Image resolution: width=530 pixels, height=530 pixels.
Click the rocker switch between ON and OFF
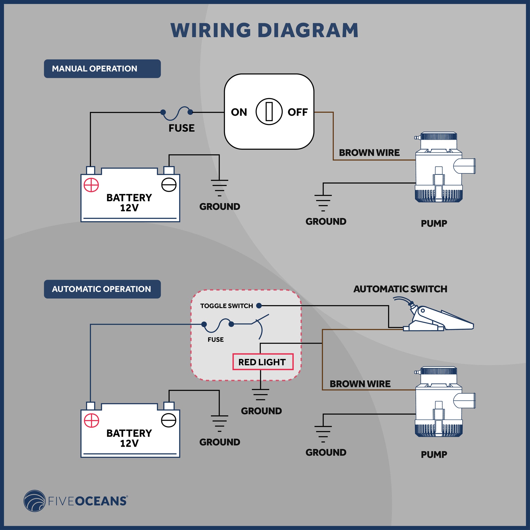click(269, 112)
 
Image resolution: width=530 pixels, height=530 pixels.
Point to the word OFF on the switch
click(298, 112)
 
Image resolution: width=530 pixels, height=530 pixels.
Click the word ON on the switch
click(239, 112)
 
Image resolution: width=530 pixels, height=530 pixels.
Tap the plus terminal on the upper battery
click(91, 185)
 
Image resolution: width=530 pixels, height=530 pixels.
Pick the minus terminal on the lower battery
click(169, 420)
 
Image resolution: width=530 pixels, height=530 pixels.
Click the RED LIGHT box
click(263, 362)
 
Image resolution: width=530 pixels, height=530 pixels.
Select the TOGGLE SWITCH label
click(227, 306)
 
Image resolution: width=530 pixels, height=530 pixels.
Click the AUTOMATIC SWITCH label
click(400, 289)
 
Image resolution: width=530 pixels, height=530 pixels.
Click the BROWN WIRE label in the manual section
click(369, 153)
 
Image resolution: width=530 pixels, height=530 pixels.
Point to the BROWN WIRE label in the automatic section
click(360, 384)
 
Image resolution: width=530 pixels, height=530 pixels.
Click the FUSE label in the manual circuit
click(181, 128)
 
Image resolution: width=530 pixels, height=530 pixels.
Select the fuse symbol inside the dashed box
click(218, 325)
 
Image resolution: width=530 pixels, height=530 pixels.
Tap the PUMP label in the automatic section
click(434, 455)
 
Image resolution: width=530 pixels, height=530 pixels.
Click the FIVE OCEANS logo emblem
click(35, 501)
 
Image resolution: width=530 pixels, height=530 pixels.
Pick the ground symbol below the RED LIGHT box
click(260, 394)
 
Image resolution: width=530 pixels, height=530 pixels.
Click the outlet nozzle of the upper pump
click(465, 166)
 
